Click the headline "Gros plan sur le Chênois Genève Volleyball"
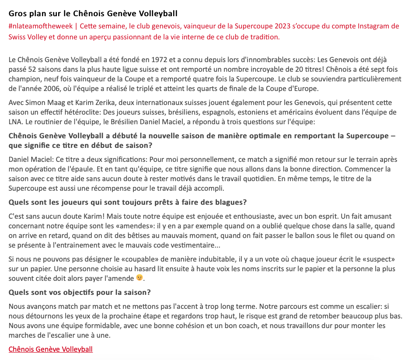[93, 14]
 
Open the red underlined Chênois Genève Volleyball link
[51, 349]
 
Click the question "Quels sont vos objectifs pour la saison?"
[80, 292]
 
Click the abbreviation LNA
[15, 122]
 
